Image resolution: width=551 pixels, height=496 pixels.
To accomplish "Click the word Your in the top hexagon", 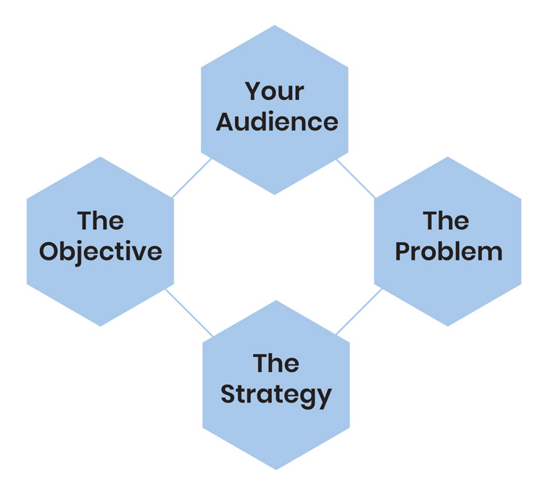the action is point(275,91).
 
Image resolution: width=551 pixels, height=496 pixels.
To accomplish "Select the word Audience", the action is point(277,122).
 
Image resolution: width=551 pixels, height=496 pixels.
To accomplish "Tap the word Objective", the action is point(101,252).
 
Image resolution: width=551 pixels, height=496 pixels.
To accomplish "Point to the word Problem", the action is point(449,251).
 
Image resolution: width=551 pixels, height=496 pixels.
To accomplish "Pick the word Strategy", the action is point(276,395).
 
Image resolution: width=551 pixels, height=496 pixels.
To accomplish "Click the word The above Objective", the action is point(101,220).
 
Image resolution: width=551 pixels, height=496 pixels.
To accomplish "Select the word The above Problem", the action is point(446,220).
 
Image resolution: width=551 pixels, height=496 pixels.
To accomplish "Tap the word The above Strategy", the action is point(276,363).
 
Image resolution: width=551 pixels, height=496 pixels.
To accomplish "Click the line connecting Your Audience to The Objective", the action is point(191,178).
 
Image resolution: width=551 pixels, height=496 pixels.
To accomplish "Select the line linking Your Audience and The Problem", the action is point(356,178).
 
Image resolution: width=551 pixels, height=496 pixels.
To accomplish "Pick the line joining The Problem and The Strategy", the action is point(359,311).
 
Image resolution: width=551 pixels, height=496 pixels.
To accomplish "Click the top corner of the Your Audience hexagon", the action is point(275,25).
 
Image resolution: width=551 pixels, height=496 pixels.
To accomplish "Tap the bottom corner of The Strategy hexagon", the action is point(276,470).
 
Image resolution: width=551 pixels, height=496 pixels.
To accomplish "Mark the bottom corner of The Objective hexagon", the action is point(101,326).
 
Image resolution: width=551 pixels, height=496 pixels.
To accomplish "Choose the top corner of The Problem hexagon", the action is point(448,157).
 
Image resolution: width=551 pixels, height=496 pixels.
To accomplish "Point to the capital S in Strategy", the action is point(228,394).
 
